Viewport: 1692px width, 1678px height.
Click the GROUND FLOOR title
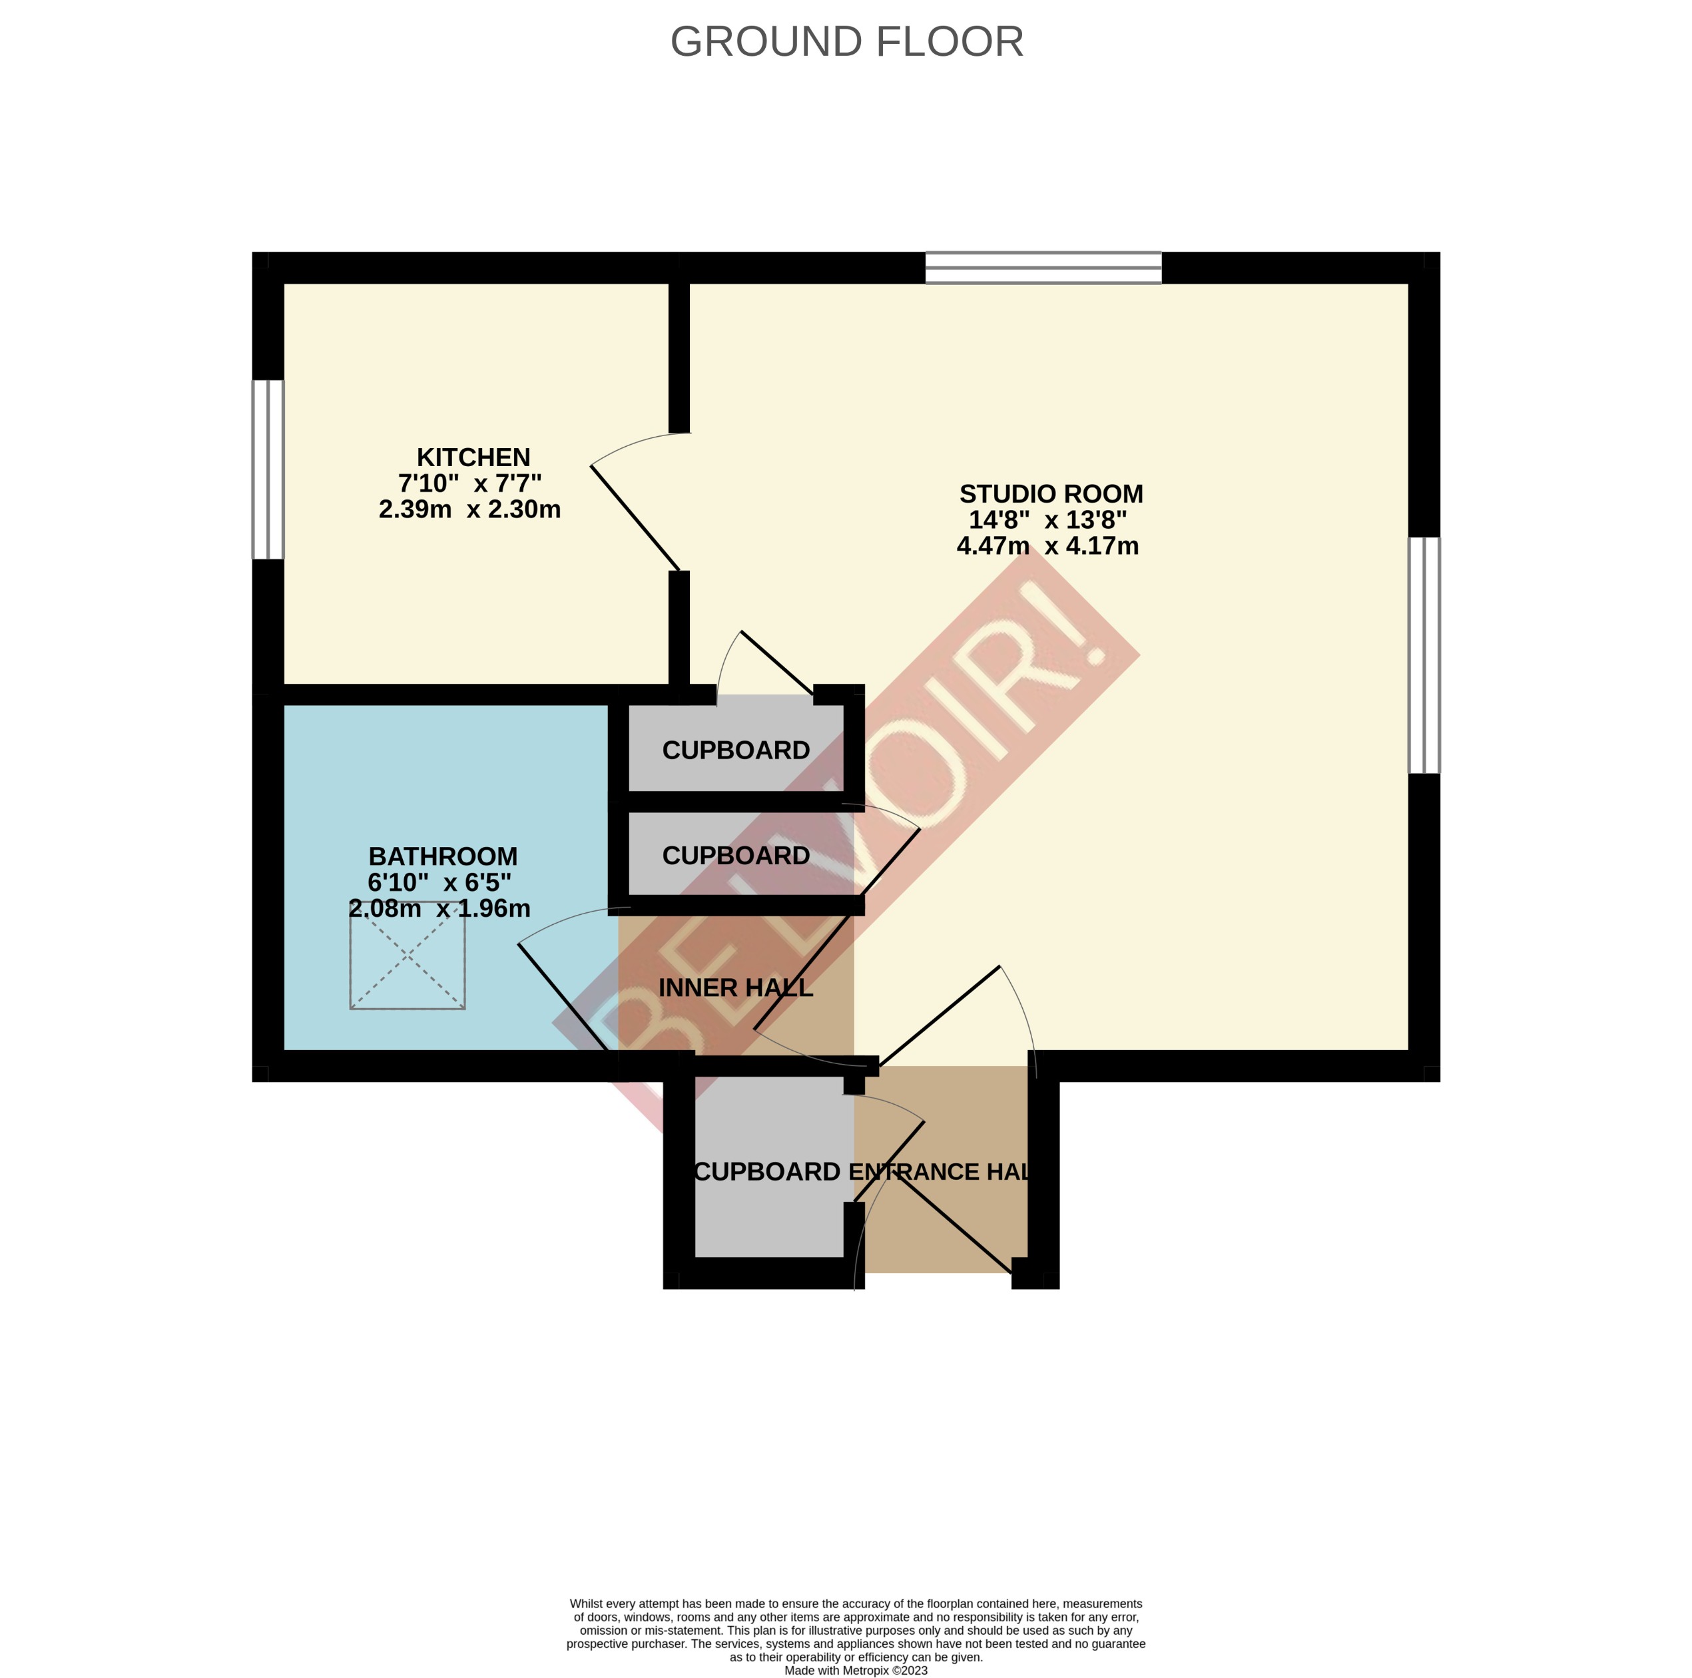point(846,42)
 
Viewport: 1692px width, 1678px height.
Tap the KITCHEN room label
point(473,457)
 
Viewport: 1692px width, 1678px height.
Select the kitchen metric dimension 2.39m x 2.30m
point(469,509)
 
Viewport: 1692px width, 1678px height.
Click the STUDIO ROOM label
point(1050,494)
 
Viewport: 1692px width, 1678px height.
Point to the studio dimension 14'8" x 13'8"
point(1047,520)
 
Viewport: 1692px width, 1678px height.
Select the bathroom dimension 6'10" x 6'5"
point(439,882)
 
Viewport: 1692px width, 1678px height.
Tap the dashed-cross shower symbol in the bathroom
point(408,956)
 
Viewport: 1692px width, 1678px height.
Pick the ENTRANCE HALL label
point(942,1172)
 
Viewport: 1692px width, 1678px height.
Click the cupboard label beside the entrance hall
point(767,1172)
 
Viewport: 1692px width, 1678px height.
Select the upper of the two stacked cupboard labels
point(736,750)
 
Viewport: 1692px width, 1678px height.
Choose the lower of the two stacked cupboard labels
point(736,856)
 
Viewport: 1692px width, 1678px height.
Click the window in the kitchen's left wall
point(268,469)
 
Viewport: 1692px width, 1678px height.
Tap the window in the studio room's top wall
point(1043,268)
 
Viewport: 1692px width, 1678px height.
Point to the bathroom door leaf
point(563,997)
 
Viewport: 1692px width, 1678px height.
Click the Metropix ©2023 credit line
point(855,1670)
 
